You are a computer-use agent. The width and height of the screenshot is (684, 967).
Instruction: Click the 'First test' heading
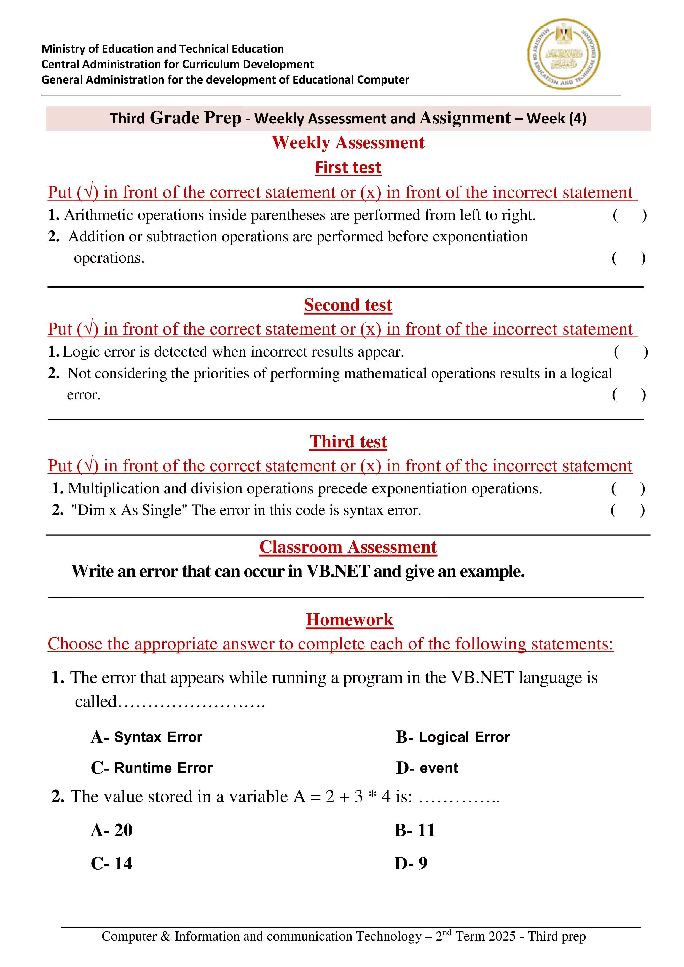pyautogui.click(x=348, y=167)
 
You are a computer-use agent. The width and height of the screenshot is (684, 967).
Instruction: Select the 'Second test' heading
pyautogui.click(x=348, y=305)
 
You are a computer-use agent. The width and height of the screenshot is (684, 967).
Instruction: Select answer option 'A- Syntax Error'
pyautogui.click(x=147, y=737)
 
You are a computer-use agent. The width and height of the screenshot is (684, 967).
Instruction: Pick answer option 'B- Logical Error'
pyautogui.click(x=453, y=737)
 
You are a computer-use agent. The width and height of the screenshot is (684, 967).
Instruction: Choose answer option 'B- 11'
pyautogui.click(x=415, y=830)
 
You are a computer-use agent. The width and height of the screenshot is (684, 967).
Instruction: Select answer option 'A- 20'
pyautogui.click(x=112, y=830)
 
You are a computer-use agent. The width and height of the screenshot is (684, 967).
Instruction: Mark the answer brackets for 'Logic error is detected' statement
pyautogui.click(x=631, y=352)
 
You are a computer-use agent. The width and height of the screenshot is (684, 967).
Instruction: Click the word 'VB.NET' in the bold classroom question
pyautogui.click(x=338, y=571)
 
